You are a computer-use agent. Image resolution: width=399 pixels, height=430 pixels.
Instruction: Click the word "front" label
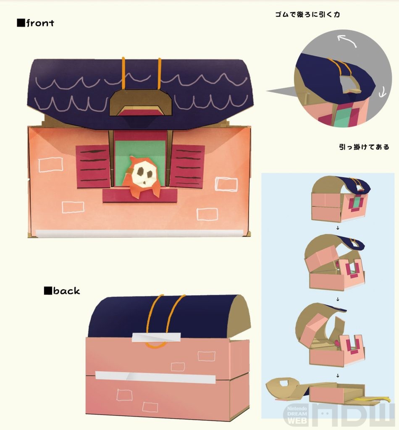coord(40,23)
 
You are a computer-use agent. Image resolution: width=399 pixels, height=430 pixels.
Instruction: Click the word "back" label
coord(66,291)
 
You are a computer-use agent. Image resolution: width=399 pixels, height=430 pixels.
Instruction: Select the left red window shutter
coord(93,166)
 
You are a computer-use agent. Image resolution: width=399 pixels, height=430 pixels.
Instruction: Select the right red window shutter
coord(187,166)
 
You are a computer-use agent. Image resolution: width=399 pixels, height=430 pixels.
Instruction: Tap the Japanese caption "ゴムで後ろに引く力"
coord(308,14)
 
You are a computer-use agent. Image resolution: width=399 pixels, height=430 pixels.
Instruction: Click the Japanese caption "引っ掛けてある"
coord(364,147)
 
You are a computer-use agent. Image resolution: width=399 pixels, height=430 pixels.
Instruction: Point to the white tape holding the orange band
coord(156,337)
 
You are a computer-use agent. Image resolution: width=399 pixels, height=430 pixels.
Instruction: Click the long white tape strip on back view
coord(155,377)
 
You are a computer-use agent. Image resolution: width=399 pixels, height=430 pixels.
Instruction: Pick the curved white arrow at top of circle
coord(346,41)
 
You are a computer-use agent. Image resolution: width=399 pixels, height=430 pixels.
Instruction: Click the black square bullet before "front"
coord(21,23)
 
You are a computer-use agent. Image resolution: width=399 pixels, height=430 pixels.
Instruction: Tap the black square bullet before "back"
coord(48,291)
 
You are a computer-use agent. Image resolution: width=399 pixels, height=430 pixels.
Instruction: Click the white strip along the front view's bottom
coord(139,233)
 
